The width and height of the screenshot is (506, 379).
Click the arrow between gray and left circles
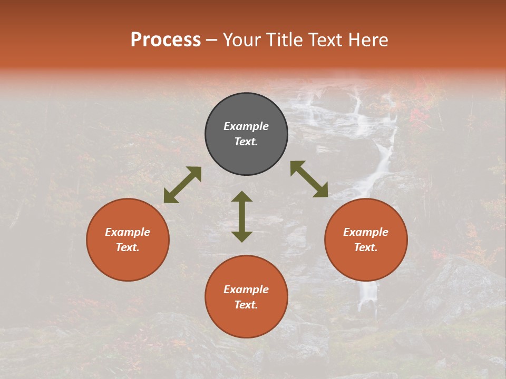pos(182,185)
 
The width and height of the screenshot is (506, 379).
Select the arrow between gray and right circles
pos(309,179)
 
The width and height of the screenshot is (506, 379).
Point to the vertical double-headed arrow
pos(242,216)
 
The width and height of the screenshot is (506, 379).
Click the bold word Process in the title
pos(166,39)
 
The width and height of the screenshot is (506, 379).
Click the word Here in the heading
pos(369,39)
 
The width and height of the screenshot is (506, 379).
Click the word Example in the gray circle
pos(246,126)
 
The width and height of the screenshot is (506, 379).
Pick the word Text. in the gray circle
pos(246,142)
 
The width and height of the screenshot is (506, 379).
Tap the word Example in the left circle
pos(128,232)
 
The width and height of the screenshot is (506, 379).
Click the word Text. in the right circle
pos(366,247)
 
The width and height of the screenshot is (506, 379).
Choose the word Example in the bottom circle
pos(246,290)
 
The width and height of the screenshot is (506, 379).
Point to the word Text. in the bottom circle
pos(246,305)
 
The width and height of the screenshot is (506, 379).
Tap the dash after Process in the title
pos(212,40)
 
